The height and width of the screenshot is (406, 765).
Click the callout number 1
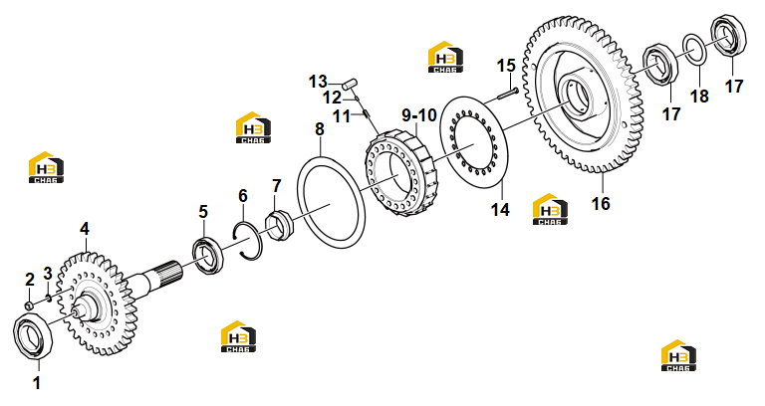37,383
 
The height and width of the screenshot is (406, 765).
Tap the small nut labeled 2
29,305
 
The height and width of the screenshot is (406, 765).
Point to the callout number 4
85,229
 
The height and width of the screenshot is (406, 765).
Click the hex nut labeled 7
278,223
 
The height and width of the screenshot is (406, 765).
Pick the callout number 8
320,129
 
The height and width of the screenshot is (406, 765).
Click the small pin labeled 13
350,84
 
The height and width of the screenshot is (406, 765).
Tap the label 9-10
419,115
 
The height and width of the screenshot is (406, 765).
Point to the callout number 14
500,210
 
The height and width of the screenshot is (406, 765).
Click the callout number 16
601,203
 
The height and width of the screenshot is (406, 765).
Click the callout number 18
699,96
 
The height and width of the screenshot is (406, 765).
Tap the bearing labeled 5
208,255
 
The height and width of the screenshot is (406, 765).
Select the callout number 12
333,98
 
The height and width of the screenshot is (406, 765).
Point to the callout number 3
48,274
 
